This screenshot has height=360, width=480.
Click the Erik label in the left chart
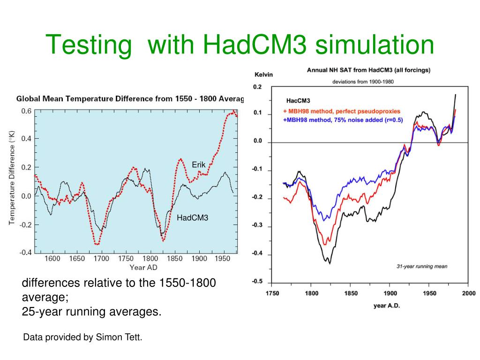tap(199, 165)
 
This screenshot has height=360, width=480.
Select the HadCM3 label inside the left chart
tap(192, 217)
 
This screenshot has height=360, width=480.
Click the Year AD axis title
tap(143, 268)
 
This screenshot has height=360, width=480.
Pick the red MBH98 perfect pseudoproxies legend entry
tap(342, 112)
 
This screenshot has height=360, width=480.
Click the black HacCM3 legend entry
tap(298, 101)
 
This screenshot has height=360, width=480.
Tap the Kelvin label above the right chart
tap(263, 74)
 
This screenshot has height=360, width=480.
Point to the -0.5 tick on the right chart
tap(257, 282)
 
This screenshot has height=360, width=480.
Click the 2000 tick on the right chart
tap(468, 293)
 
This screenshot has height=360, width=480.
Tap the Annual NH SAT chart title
tap(368, 70)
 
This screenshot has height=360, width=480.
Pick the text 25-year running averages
tap(91, 311)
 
